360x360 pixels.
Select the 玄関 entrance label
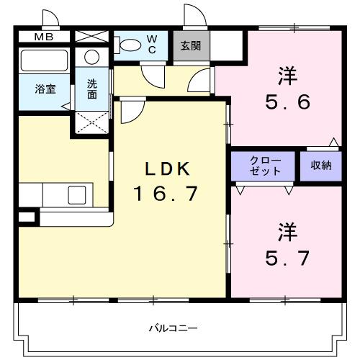pyautogui.click(x=190, y=45)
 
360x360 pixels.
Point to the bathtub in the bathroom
pyautogui.click(x=43, y=60)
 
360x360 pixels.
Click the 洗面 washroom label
pyautogui.click(x=92, y=88)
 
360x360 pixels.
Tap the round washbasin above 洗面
pyautogui.click(x=92, y=58)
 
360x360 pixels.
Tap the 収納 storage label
pyautogui.click(x=321, y=166)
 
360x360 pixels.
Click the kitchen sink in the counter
pyautogui.click(x=76, y=194)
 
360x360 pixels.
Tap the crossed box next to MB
pyautogui.click(x=89, y=35)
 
